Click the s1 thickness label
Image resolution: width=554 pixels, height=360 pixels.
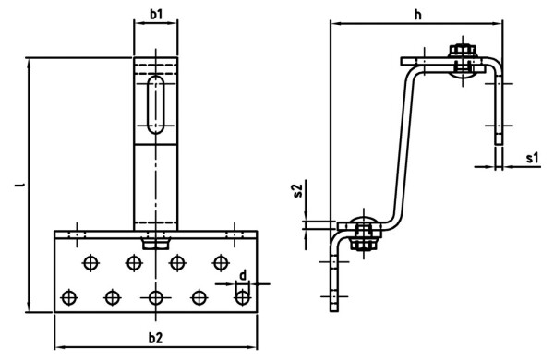532,158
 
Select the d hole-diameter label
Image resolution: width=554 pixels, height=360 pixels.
242,274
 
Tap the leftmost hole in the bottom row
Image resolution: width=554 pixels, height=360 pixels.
68,297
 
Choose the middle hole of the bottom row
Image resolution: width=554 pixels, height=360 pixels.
155,297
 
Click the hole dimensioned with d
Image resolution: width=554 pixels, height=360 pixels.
242,297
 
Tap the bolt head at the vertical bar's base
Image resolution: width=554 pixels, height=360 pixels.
155,243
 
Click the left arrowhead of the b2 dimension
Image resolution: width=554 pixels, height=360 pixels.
59,346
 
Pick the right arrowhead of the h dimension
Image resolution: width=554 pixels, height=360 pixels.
500,24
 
